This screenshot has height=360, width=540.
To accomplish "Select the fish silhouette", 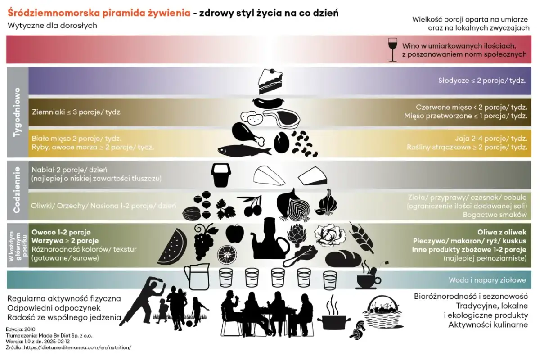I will tap(244, 150).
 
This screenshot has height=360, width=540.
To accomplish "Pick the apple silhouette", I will tap(234, 234).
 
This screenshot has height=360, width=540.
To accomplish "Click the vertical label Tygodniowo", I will tap(17, 112).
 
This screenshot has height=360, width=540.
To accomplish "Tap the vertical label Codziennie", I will tap(17, 190).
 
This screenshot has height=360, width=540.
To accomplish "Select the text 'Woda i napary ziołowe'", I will tap(487, 280).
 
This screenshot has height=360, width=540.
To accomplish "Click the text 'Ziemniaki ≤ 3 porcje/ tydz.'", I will tap(76, 112).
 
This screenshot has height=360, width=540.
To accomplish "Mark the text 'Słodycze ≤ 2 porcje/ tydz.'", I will tap(482, 81).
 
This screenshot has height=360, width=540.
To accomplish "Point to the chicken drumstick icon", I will tap(246, 132).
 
